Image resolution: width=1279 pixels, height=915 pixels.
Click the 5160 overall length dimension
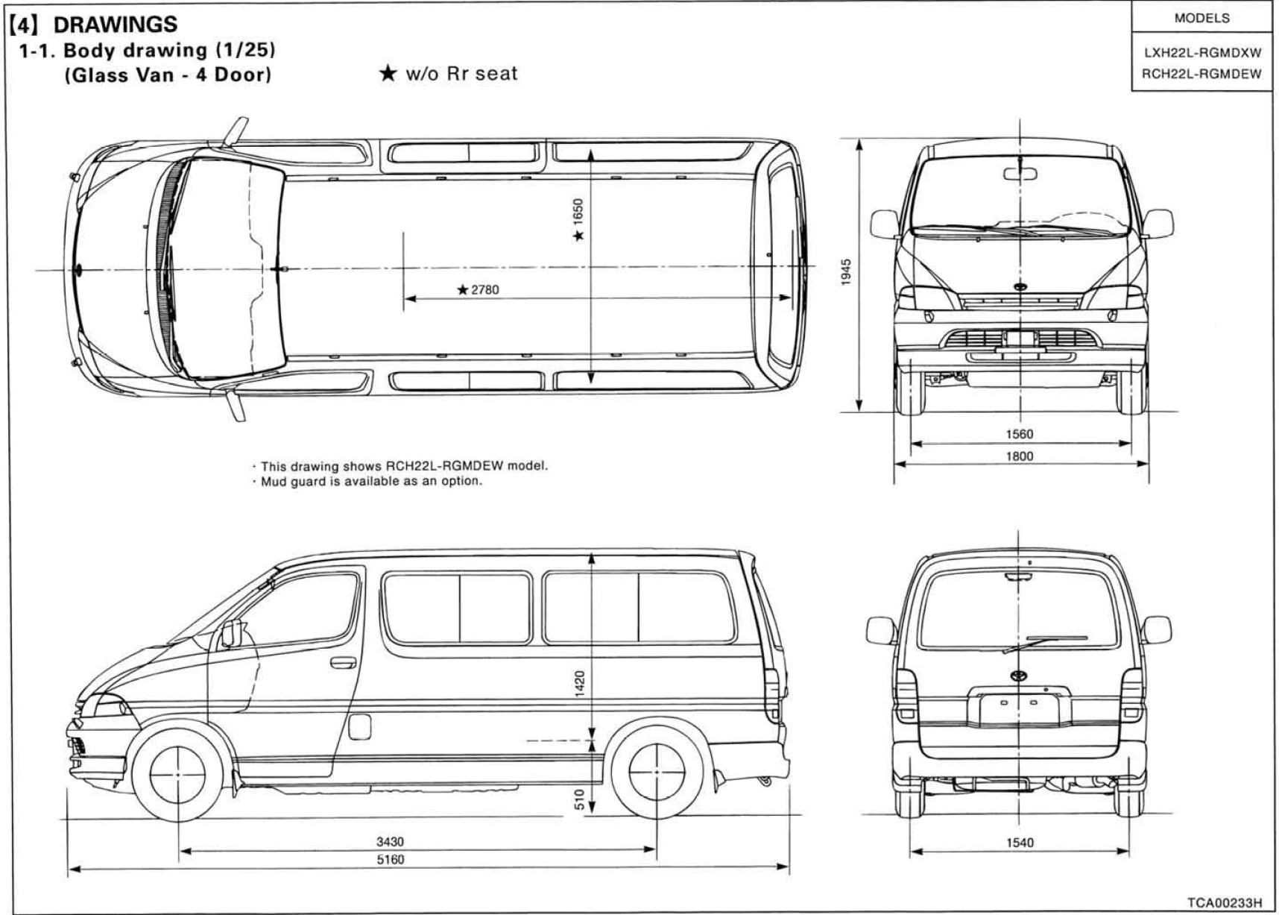tap(390, 860)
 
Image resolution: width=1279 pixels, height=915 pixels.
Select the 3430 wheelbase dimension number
tap(390, 842)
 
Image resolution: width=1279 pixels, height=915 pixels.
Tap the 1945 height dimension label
tap(845, 271)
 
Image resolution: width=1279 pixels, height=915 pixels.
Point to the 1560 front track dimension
tap(1020, 434)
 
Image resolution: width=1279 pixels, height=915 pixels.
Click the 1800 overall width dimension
tap(1020, 456)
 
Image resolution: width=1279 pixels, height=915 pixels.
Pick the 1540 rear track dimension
tap(1020, 843)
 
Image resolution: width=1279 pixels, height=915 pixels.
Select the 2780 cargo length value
tap(484, 289)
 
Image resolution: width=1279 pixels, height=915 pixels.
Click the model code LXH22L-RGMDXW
tap(1201, 54)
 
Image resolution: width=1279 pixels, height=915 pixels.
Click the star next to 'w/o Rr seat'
tap(388, 73)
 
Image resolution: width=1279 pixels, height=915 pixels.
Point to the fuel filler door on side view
tap(359, 726)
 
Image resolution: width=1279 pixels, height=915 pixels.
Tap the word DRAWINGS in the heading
tap(116, 24)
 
